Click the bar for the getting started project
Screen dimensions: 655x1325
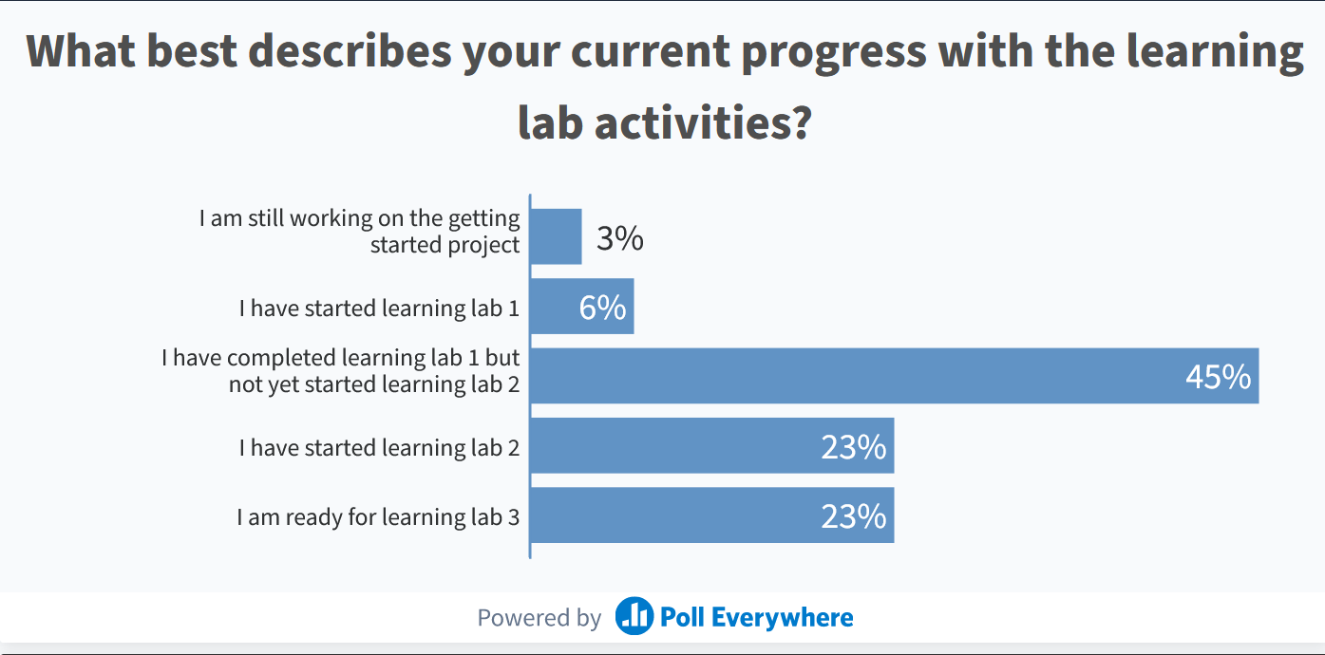556,236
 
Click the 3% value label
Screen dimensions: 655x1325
620,238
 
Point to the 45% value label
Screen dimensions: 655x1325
1218,377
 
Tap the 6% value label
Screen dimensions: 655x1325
602,308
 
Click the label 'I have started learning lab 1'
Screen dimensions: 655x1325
379,308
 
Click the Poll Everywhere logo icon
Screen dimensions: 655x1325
634,617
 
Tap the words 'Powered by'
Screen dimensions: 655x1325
539,618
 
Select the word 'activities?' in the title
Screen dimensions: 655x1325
702,122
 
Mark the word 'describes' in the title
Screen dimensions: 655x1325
350,53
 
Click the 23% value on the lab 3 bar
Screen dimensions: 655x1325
853,516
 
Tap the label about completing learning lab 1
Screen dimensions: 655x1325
341,371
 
